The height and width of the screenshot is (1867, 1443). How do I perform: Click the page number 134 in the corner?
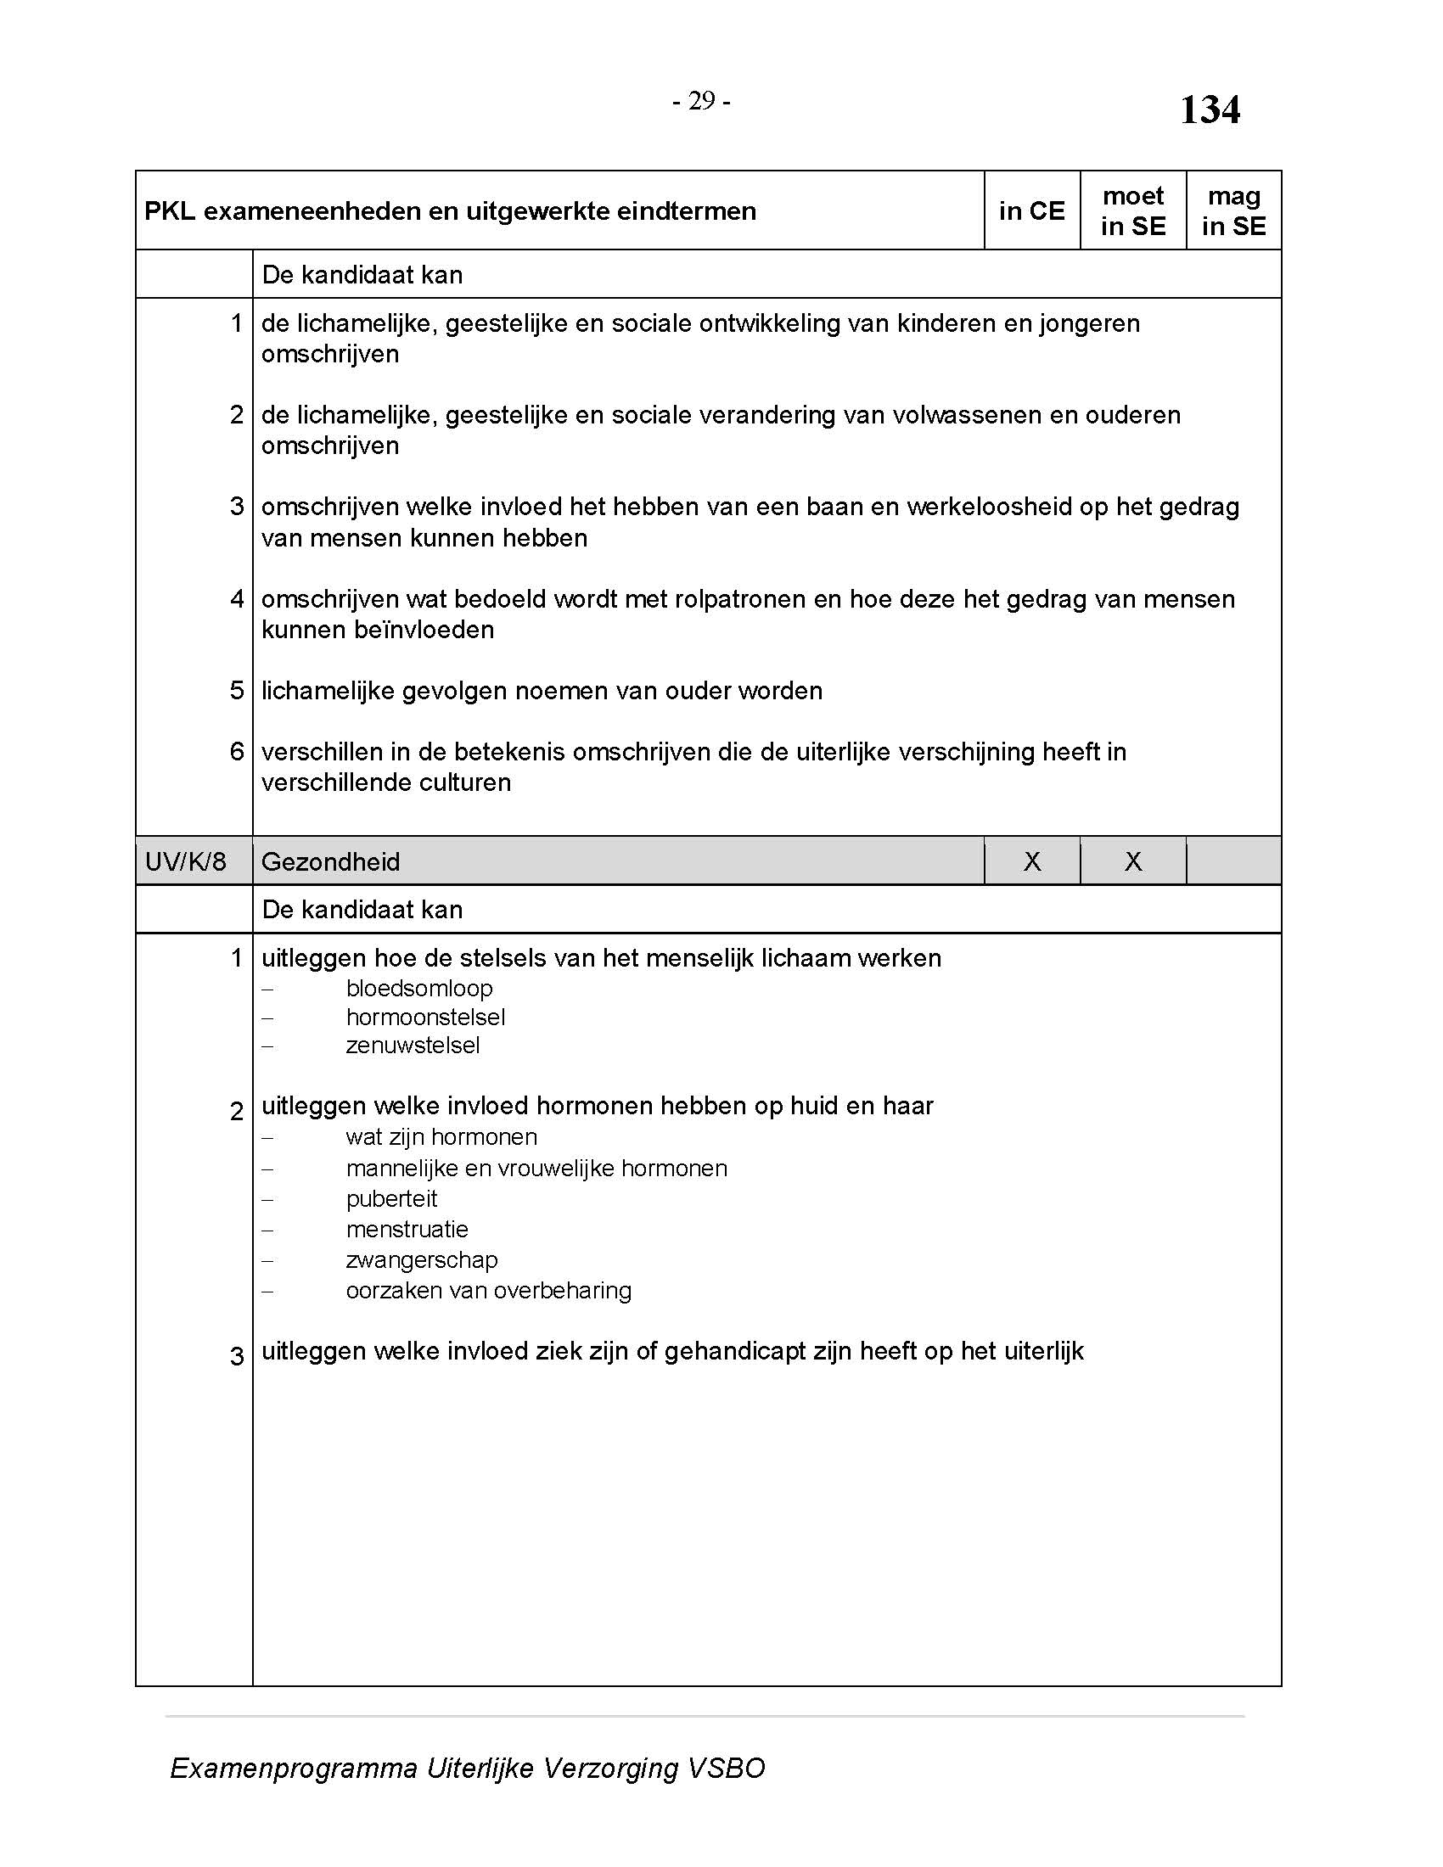click(1210, 109)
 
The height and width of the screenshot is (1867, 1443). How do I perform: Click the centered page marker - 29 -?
click(701, 101)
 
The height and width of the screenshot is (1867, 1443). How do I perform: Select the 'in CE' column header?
click(1032, 210)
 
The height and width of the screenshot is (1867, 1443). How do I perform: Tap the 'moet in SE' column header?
click(1132, 210)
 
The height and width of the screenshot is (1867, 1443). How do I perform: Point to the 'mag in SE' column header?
click(1233, 210)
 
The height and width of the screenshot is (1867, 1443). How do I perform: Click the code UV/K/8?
click(186, 861)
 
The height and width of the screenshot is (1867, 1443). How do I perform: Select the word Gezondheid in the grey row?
click(330, 861)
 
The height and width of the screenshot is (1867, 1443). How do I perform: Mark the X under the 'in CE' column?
click(1032, 861)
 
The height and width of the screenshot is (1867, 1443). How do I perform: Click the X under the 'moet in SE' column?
click(1132, 861)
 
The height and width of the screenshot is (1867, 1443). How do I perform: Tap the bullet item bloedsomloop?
click(418, 988)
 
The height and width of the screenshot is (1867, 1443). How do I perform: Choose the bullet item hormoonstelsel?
click(425, 1018)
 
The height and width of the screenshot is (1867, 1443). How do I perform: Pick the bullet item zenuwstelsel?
click(413, 1046)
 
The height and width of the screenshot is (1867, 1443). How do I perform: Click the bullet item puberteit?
click(391, 1198)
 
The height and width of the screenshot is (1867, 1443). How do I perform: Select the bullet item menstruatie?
click(407, 1230)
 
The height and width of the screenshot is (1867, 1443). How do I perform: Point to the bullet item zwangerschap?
click(422, 1260)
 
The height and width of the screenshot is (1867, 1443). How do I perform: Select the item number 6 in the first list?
click(237, 751)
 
